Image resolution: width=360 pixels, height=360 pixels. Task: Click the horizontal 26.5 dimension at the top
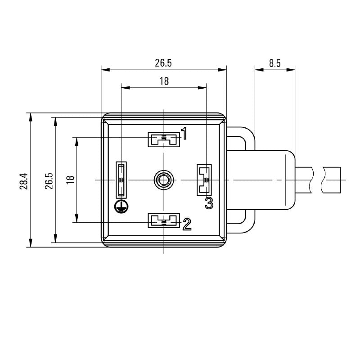click(x=163, y=63)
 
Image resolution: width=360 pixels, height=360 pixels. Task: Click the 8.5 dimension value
click(x=275, y=63)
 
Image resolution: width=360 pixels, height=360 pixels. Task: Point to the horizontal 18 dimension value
click(x=164, y=81)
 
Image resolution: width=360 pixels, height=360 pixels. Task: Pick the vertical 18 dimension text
click(x=70, y=180)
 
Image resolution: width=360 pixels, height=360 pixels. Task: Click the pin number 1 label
click(x=184, y=133)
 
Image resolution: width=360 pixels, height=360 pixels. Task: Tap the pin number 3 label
click(x=208, y=203)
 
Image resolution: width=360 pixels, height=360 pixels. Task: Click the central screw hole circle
click(x=162, y=180)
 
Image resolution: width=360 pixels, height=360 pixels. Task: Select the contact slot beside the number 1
click(x=164, y=139)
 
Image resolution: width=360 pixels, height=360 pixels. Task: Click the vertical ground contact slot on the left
click(x=121, y=180)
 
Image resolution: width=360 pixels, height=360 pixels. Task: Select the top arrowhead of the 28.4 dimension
click(x=31, y=117)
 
